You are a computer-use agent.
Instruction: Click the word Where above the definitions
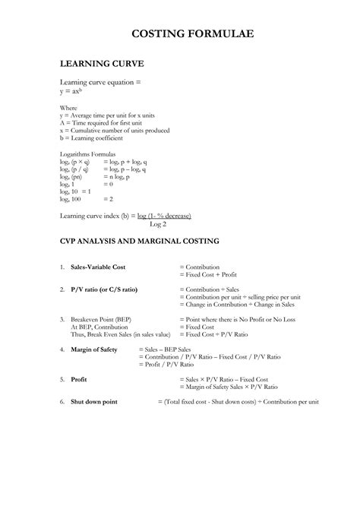click(68, 109)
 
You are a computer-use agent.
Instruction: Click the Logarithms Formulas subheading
click(88, 153)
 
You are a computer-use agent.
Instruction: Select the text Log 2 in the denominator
click(158, 223)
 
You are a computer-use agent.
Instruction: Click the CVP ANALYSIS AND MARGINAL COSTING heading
click(150, 241)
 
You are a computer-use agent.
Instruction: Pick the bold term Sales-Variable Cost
click(98, 267)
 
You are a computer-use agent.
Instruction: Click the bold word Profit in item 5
click(79, 378)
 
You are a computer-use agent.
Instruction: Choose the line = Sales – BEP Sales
click(171, 349)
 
